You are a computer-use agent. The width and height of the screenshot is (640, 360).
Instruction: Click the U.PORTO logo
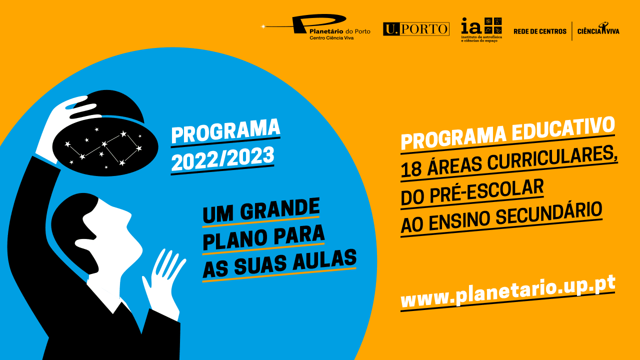416,29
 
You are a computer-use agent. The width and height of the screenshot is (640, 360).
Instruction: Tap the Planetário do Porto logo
316,27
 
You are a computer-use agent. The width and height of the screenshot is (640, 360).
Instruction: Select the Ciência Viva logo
598,29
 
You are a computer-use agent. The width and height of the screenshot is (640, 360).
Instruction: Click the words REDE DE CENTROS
539,31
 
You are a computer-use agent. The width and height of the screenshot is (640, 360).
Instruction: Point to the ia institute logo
481,29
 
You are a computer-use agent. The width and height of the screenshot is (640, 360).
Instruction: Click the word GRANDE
279,209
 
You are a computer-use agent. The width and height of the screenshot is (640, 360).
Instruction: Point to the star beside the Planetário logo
263,26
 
